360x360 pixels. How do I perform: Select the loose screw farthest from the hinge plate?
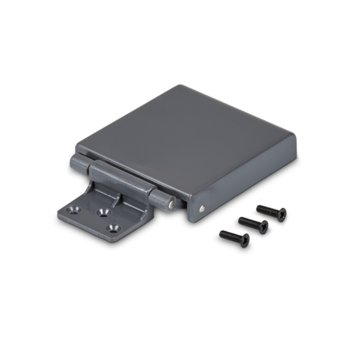271,212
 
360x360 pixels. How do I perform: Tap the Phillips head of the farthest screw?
281,214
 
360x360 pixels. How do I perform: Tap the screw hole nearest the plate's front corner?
114,227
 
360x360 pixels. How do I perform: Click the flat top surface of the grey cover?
192,137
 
